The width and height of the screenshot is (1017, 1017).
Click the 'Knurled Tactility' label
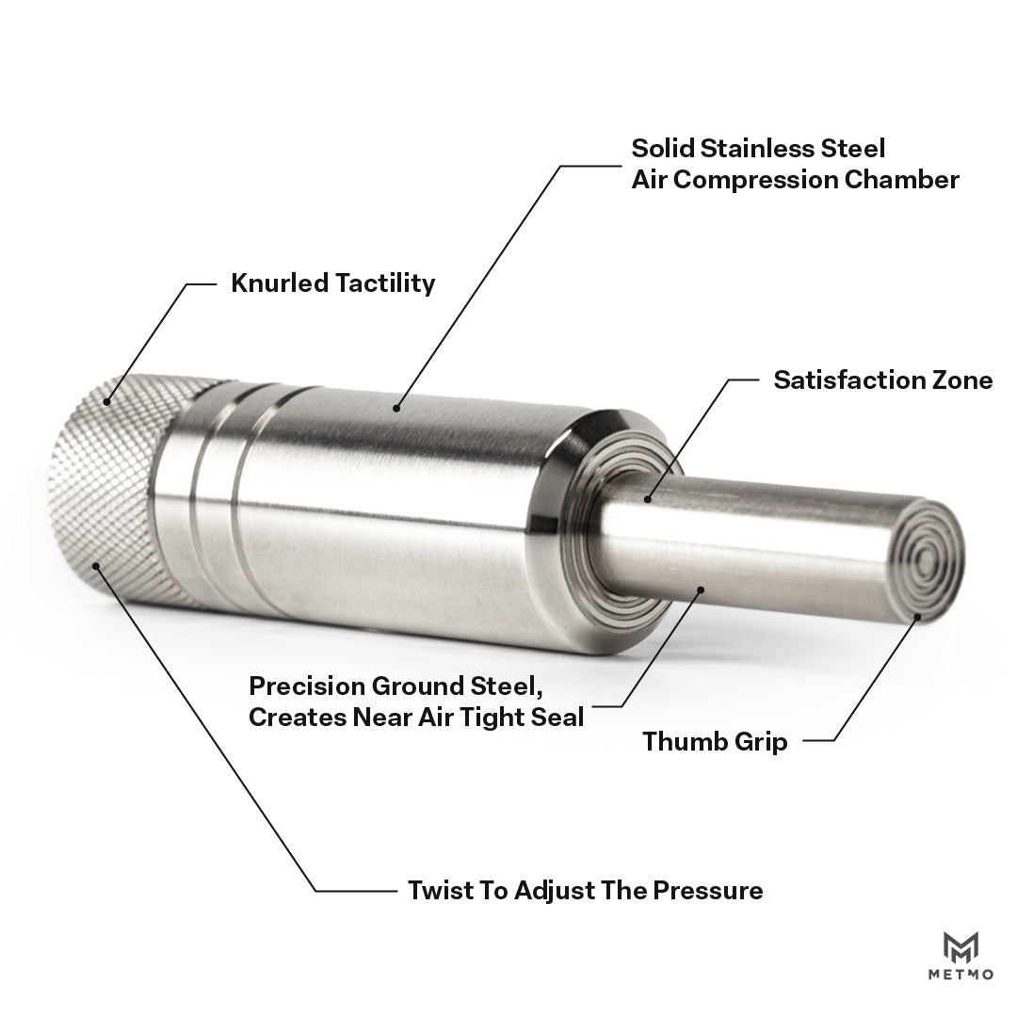(x=332, y=283)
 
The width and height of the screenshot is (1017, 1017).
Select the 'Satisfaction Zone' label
(x=882, y=380)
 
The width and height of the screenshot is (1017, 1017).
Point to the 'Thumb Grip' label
(x=715, y=741)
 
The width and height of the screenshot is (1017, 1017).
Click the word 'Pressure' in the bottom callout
(x=707, y=890)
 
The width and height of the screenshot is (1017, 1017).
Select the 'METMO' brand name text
(x=960, y=975)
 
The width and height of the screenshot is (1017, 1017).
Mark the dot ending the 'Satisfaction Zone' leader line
(x=647, y=499)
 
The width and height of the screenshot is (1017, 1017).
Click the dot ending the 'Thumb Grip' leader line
(x=917, y=617)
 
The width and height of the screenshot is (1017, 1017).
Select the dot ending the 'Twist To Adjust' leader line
(x=96, y=566)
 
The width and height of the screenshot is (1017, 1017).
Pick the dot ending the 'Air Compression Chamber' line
(x=396, y=408)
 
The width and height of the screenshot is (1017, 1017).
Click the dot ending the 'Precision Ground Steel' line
(x=701, y=589)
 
